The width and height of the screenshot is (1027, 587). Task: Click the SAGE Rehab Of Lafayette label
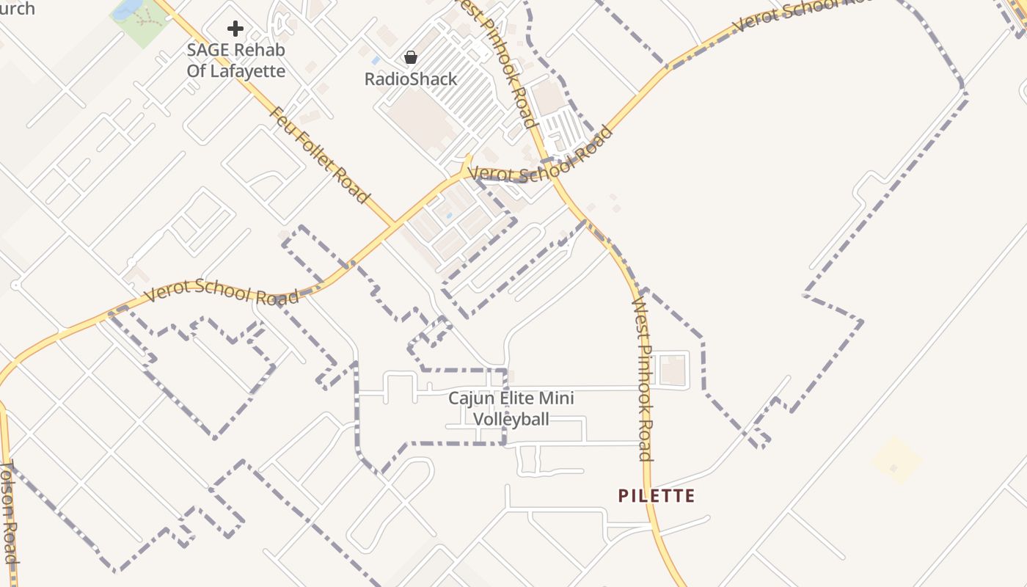[235, 60]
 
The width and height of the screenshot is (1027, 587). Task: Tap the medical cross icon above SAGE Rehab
[235, 29]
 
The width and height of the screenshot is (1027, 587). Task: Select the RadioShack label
[411, 79]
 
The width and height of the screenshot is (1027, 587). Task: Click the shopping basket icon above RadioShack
[411, 56]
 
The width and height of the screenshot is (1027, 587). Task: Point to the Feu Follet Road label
[320, 156]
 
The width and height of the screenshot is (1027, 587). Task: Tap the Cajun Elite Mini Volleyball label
[511, 409]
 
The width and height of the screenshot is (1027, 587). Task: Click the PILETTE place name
[657, 496]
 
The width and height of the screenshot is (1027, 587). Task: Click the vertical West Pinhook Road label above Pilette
[643, 379]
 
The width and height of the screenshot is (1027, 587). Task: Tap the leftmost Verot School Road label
[222, 291]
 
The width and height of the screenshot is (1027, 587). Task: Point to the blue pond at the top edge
[128, 7]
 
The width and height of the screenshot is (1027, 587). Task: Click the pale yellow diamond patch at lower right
[896, 461]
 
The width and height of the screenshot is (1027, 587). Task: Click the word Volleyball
[511, 419]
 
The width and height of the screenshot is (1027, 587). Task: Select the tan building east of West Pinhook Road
[673, 369]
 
